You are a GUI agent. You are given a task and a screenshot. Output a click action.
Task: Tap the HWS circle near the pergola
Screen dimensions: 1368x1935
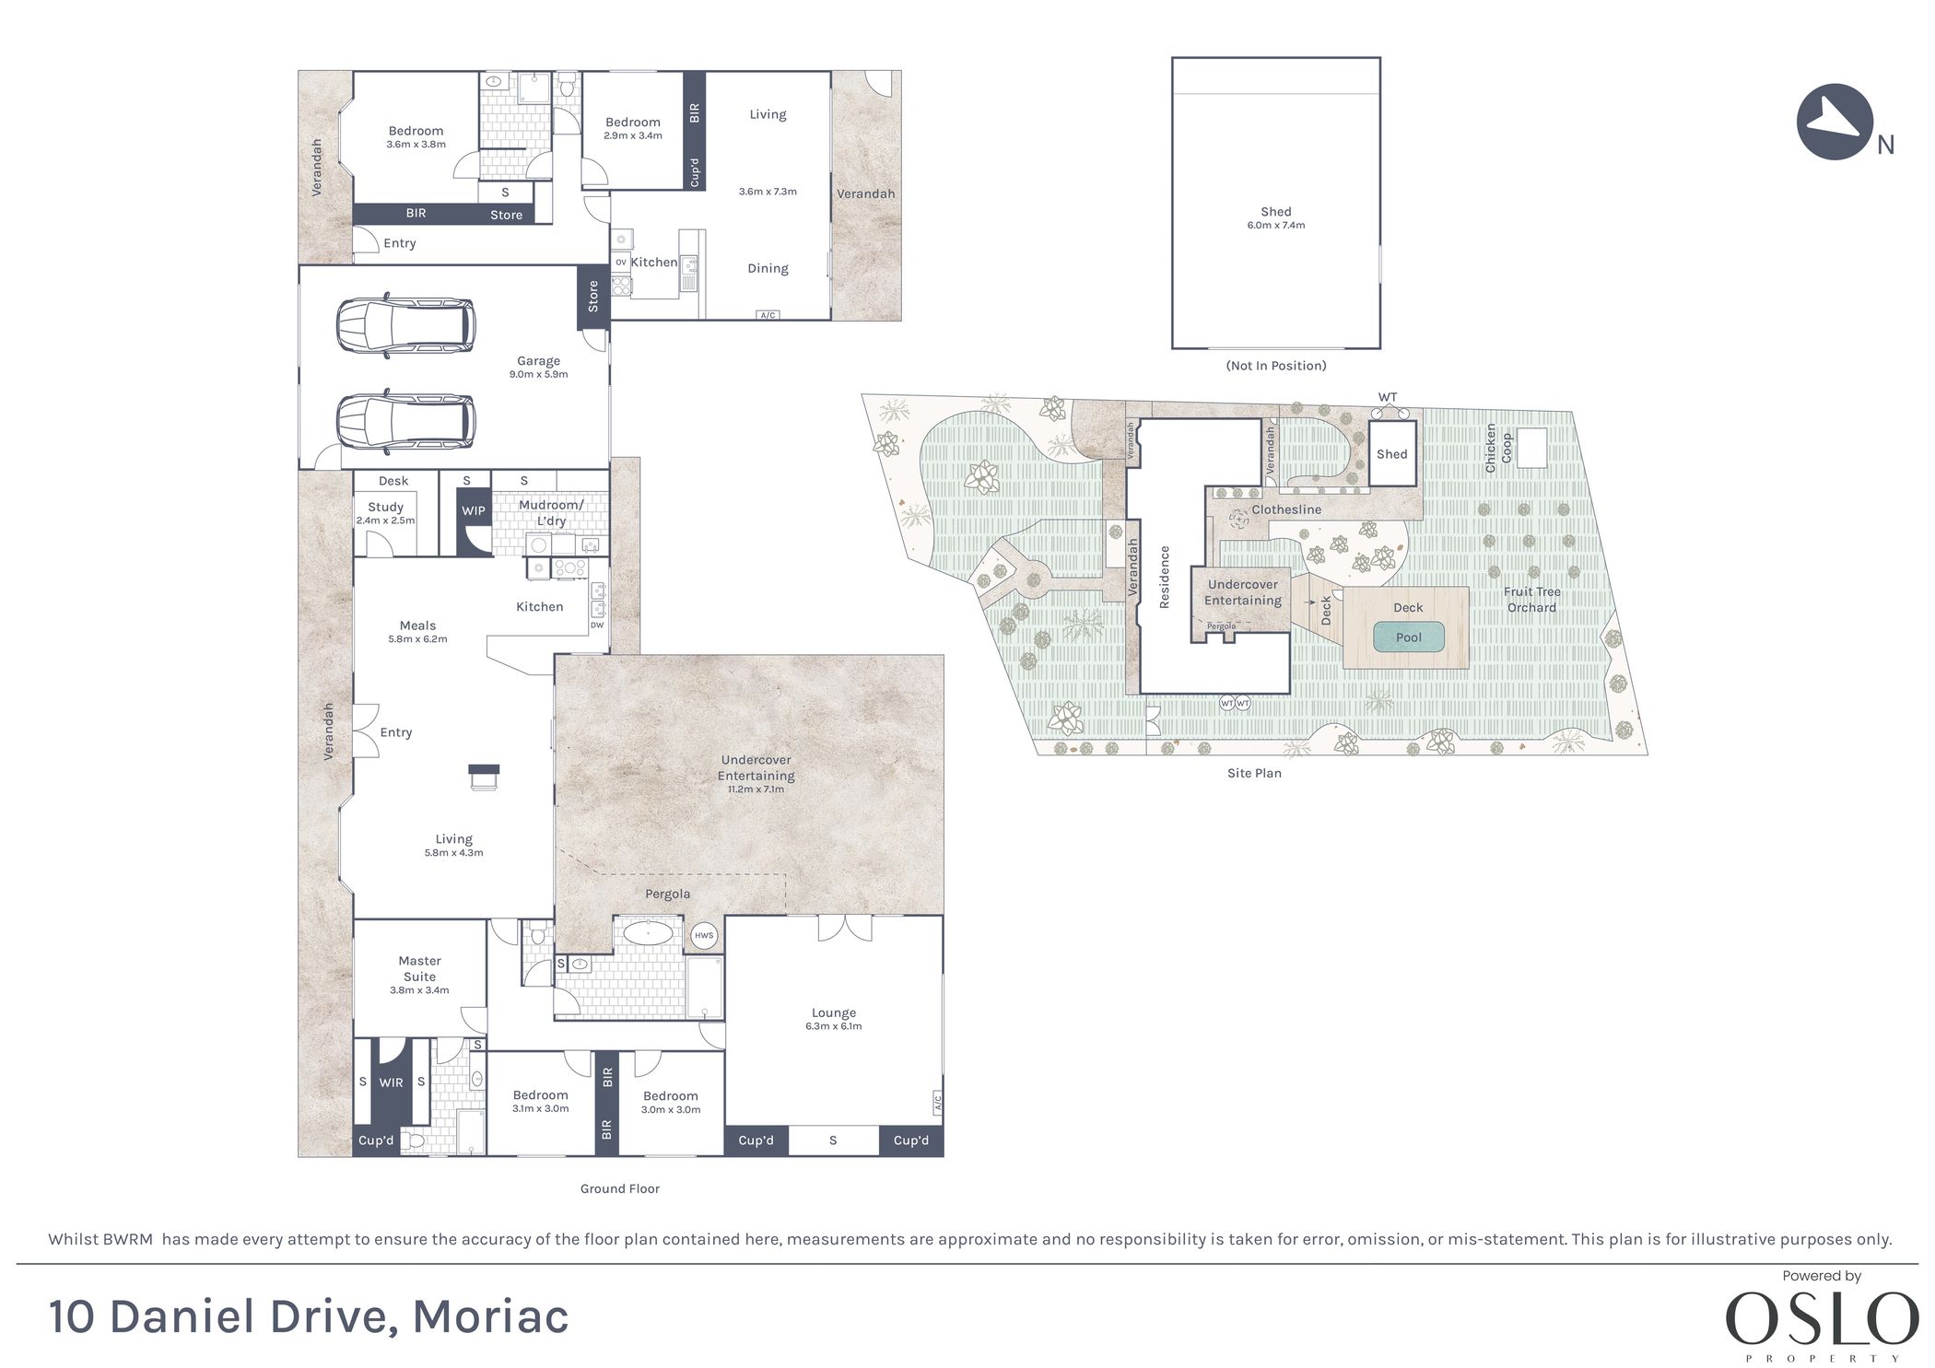coord(703,936)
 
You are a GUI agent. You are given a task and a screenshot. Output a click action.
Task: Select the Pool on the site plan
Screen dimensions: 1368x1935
coord(1407,637)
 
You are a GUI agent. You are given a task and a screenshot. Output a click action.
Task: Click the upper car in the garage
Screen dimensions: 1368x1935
coord(405,325)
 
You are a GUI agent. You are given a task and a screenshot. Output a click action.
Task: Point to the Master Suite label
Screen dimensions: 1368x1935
coord(419,968)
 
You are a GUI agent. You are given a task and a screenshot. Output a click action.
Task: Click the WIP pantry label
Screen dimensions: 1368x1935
coord(473,511)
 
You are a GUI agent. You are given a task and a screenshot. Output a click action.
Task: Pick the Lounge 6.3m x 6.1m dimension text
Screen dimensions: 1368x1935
coord(833,1026)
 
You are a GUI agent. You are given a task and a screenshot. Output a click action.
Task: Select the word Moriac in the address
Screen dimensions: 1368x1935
coord(490,1316)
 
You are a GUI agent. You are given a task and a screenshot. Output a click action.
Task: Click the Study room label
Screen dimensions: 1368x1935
coord(385,508)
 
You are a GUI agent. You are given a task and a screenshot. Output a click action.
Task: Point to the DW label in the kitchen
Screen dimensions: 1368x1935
coord(596,626)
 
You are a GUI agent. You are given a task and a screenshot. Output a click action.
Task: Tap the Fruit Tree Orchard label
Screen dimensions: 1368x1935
coord(1531,600)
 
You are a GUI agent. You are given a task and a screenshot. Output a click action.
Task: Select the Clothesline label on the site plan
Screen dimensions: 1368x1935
coord(1285,509)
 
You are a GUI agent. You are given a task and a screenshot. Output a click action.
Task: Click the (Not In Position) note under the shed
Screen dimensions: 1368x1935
coord(1275,366)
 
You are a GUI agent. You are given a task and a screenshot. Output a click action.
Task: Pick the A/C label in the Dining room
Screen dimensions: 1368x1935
coord(767,315)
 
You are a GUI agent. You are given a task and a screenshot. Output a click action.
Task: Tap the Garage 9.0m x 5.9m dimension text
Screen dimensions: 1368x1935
coord(538,375)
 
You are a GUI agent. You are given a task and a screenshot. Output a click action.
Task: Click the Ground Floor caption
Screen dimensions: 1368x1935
coord(619,1189)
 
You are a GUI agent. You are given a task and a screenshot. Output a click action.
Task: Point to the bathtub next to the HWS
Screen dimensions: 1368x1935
coord(648,933)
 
